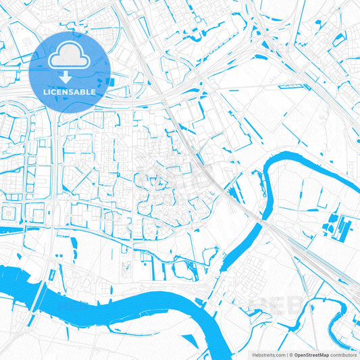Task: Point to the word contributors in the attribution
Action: coord(344,354)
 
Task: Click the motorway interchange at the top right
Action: coord(267,41)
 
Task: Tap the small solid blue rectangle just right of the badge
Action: coord(112,82)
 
